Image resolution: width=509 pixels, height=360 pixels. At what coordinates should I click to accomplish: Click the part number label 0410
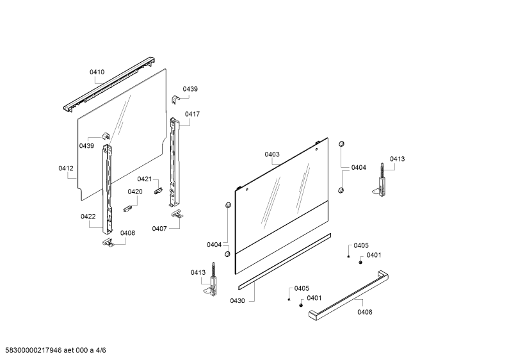click(97, 72)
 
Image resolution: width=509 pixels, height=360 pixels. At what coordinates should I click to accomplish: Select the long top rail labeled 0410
click(109, 85)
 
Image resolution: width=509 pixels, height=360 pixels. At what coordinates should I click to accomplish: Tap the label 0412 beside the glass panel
click(66, 168)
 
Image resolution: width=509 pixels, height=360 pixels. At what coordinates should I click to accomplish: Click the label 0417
click(193, 114)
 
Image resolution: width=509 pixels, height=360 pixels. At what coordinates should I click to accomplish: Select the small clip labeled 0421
click(158, 191)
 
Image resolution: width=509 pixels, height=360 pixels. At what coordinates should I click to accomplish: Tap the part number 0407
click(159, 229)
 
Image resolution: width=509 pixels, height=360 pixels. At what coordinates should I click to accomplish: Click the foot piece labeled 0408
click(108, 242)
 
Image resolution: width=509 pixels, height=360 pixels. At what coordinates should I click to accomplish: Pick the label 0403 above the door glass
click(272, 154)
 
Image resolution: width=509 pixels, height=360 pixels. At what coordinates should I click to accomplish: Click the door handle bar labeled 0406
click(349, 295)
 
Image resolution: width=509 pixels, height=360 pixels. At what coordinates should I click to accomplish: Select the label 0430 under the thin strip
click(238, 301)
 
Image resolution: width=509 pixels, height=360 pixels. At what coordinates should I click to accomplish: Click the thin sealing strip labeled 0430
click(285, 261)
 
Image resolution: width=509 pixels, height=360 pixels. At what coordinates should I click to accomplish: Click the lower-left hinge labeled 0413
click(213, 280)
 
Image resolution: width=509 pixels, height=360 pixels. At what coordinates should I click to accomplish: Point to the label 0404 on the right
click(359, 168)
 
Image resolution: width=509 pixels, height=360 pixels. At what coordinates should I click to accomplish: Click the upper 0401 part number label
click(374, 255)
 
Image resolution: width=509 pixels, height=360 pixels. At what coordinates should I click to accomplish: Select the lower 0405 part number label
click(302, 288)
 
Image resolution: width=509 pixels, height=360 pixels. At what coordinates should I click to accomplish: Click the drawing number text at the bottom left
click(56, 350)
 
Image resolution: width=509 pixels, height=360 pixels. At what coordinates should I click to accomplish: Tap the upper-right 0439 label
click(190, 89)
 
